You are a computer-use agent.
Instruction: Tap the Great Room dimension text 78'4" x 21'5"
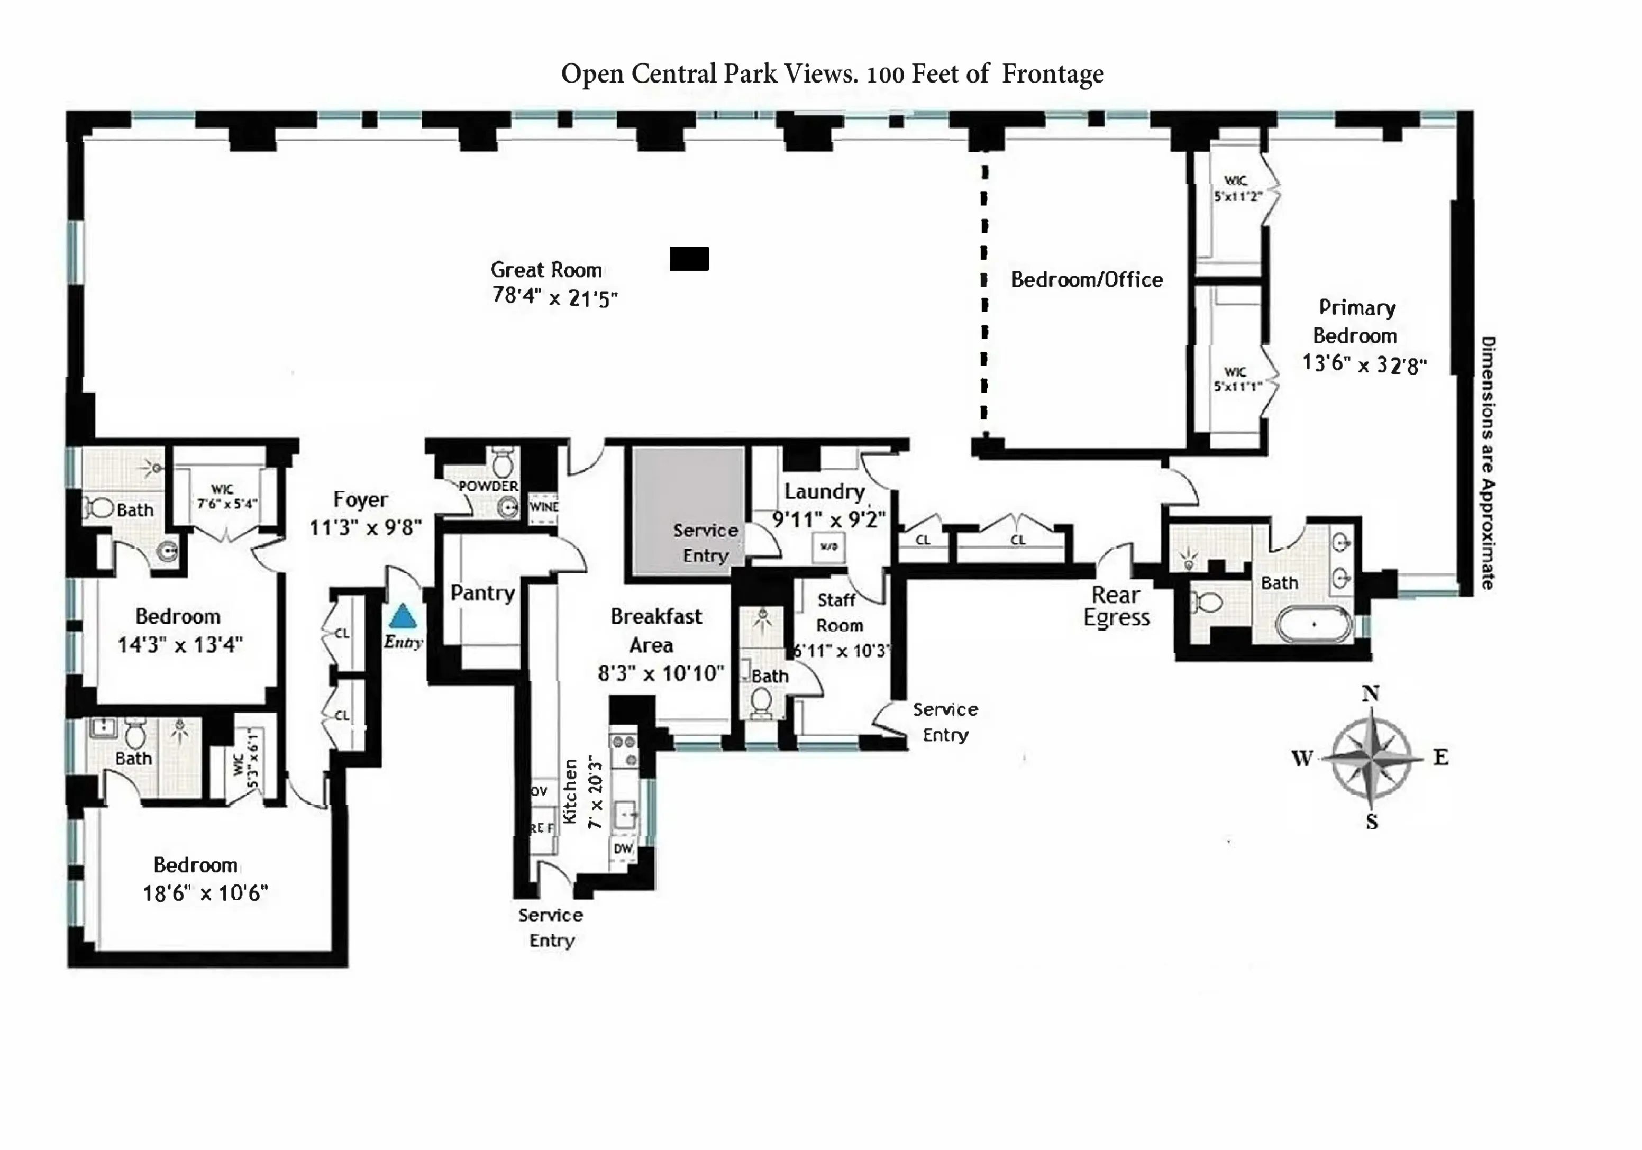pyautogui.click(x=554, y=297)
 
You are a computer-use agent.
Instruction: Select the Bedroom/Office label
pyautogui.click(x=1087, y=280)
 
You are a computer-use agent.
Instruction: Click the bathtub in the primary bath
pyautogui.click(x=1313, y=624)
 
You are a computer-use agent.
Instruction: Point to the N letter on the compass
pyautogui.click(x=1370, y=693)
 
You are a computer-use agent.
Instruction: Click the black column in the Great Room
pyautogui.click(x=689, y=258)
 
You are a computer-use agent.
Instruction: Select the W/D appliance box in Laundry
pyautogui.click(x=828, y=547)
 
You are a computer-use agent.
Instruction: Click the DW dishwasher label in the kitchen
pyautogui.click(x=623, y=848)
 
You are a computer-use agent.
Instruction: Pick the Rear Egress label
pyautogui.click(x=1116, y=606)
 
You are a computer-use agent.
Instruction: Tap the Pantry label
pyautogui.click(x=482, y=593)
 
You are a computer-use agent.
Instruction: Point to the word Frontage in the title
pyautogui.click(x=1053, y=74)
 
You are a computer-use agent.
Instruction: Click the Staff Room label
pyautogui.click(x=838, y=613)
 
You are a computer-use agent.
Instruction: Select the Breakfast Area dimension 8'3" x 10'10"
pyautogui.click(x=661, y=673)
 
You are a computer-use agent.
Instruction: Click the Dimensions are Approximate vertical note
pyautogui.click(x=1488, y=463)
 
